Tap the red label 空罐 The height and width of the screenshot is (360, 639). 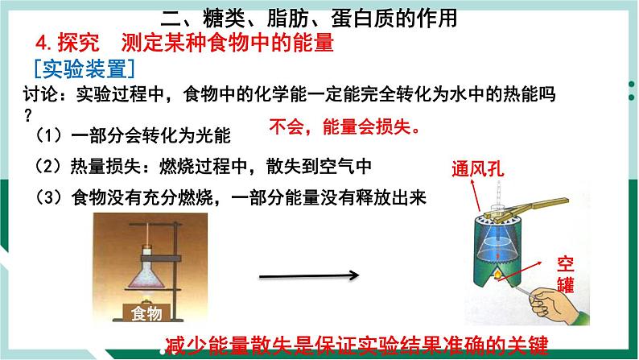pyautogui.click(x=565, y=273)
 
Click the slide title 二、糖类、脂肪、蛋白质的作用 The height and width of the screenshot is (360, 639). pyautogui.click(x=319, y=16)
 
